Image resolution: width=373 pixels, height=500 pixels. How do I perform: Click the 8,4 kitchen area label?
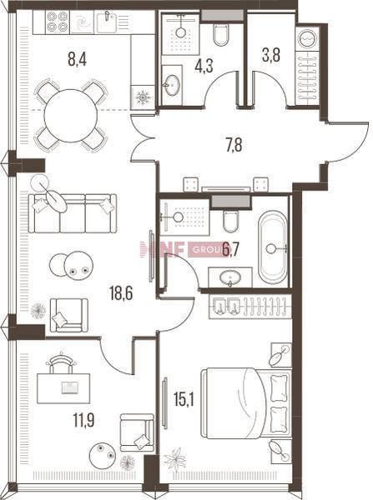(78, 59)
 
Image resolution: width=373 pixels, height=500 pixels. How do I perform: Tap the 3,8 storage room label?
(271, 55)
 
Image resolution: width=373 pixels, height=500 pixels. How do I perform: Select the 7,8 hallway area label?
(234, 145)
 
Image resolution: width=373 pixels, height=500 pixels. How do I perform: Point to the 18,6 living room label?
(121, 293)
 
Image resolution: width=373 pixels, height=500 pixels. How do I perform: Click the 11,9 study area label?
(84, 420)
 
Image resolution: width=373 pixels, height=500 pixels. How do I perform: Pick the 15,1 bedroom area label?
(184, 400)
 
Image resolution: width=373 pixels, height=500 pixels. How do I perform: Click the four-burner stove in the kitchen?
(58, 22)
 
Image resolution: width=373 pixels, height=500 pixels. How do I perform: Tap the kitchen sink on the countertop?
(108, 22)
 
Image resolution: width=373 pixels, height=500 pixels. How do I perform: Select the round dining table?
(71, 116)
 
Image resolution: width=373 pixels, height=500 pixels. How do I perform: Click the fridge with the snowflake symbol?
(143, 97)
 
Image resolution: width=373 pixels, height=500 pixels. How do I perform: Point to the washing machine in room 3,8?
(308, 38)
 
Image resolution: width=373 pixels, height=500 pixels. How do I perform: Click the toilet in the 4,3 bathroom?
(220, 34)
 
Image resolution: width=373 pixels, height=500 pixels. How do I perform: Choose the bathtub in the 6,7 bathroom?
(273, 247)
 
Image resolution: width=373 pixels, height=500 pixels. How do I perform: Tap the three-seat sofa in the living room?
(73, 213)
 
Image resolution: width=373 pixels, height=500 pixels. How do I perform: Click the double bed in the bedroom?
(246, 403)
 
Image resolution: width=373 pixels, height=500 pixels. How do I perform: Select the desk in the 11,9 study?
(63, 388)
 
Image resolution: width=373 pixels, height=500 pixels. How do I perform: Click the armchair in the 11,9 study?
(137, 432)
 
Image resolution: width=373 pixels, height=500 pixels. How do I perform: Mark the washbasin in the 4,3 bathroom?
(172, 85)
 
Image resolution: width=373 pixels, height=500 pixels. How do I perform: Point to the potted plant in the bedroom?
(174, 460)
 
